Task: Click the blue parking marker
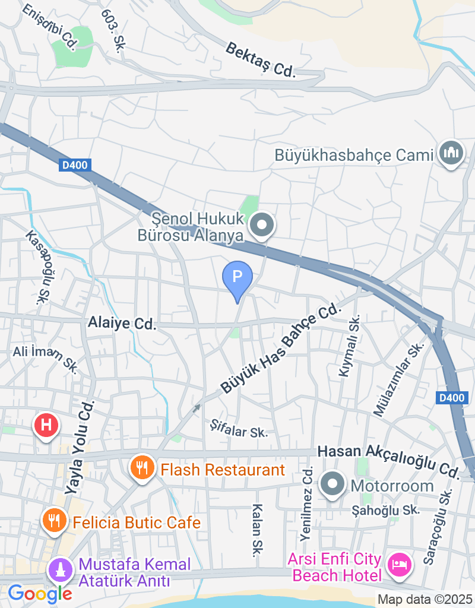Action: point(237,278)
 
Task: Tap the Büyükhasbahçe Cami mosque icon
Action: point(451,154)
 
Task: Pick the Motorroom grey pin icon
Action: point(332,485)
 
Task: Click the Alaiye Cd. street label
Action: point(122,323)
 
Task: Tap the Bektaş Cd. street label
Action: point(260,59)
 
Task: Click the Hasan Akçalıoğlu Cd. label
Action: point(389,460)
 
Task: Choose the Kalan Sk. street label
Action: point(257,530)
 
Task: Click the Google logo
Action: point(39,593)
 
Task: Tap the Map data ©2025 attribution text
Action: point(425,600)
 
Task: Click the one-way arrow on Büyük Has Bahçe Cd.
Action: point(197,407)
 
